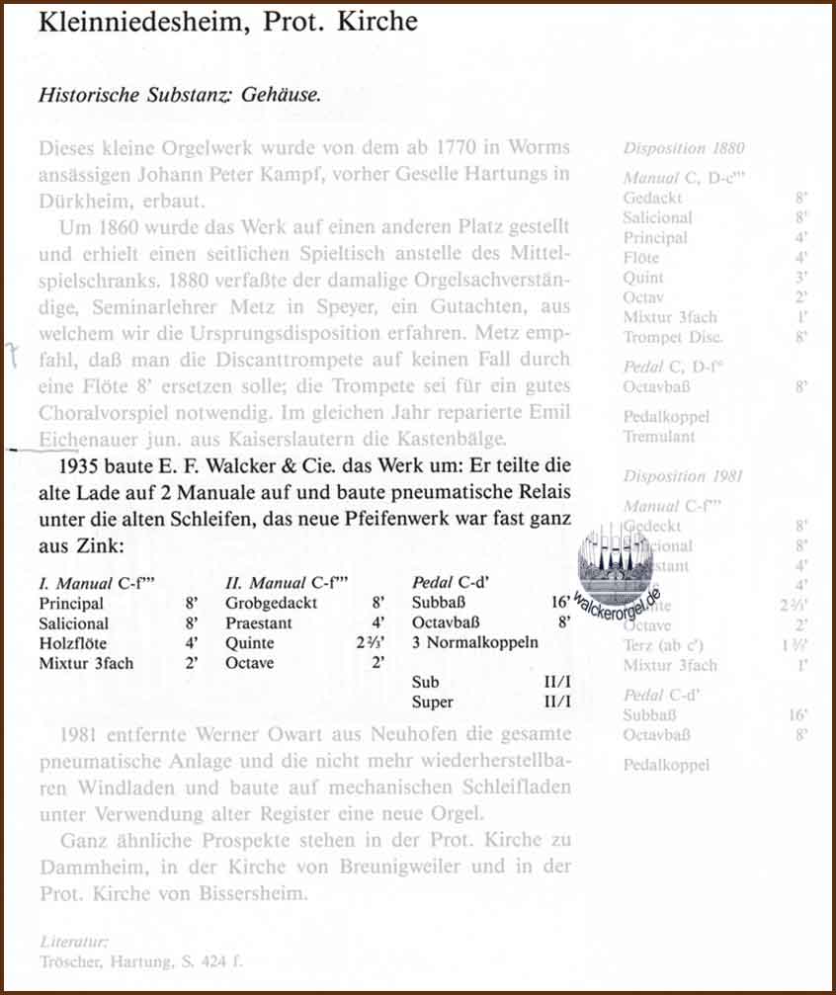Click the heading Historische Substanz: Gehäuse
pyautogui.click(x=180, y=96)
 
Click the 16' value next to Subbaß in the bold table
pyautogui.click(x=560, y=603)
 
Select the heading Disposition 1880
pyautogui.click(x=684, y=148)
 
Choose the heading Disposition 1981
pyautogui.click(x=684, y=476)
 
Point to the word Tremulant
pyautogui.click(x=659, y=436)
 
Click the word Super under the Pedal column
pyautogui.click(x=432, y=703)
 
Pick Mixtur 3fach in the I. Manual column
pyautogui.click(x=86, y=663)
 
